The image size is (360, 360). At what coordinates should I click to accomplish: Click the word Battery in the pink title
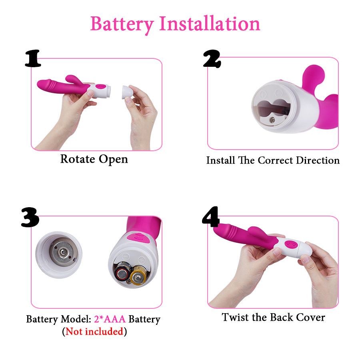[x=122, y=24]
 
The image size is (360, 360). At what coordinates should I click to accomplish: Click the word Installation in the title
[x=210, y=24]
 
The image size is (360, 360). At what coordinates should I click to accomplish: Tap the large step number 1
[x=33, y=58]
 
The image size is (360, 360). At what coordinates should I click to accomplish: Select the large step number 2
[x=212, y=59]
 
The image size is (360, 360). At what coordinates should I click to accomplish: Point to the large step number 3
[x=30, y=217]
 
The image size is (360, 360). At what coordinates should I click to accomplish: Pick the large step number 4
[x=211, y=216]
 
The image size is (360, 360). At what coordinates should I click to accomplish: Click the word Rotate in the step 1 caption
[x=78, y=159]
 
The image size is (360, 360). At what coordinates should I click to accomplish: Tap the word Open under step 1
[x=113, y=160]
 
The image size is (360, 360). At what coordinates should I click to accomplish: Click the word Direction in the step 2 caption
[x=318, y=160]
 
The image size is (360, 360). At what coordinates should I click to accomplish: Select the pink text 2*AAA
[x=110, y=319]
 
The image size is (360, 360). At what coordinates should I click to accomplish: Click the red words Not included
[x=94, y=331]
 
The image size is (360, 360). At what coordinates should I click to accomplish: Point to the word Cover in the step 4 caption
[x=310, y=317]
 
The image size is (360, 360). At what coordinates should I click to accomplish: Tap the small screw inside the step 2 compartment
[x=272, y=120]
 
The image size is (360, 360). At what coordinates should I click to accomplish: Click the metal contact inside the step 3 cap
[x=63, y=252]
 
